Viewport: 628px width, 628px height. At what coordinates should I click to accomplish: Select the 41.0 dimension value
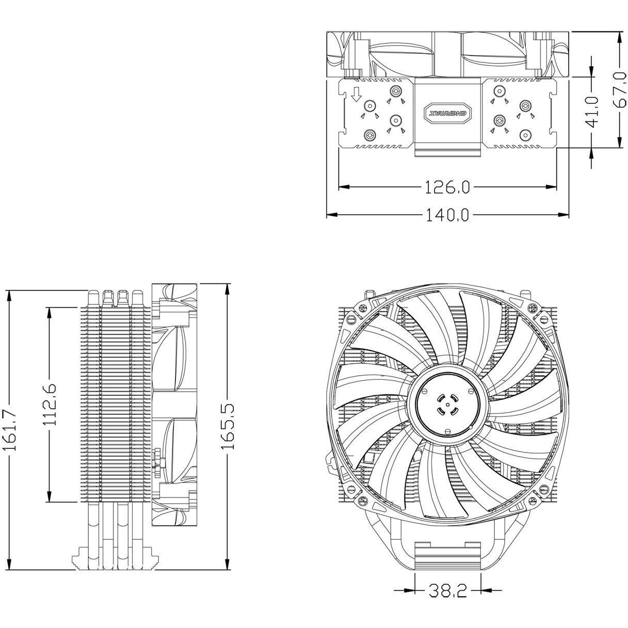592,111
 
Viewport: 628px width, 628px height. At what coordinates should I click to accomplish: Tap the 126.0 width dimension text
447,187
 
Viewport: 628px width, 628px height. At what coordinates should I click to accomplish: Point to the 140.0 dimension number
447,215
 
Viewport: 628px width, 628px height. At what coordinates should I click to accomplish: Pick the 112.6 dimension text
50,405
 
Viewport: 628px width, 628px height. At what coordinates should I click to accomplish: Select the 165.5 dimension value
228,426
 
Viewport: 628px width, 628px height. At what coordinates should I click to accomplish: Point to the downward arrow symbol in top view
355,94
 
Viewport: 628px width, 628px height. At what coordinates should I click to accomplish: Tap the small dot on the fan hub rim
471,428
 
